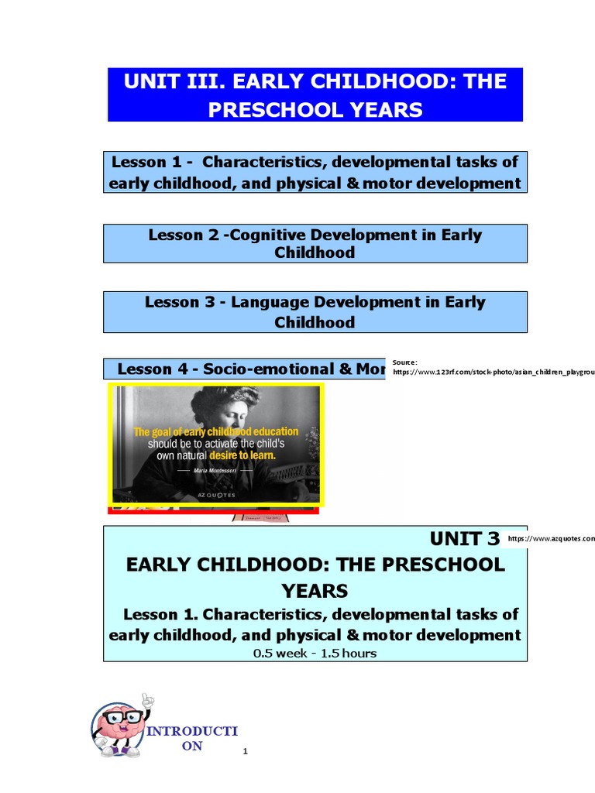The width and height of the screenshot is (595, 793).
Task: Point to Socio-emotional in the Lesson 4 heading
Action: [264, 369]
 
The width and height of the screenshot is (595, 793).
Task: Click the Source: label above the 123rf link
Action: [405, 362]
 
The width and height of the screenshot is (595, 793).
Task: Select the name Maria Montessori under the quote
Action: [215, 470]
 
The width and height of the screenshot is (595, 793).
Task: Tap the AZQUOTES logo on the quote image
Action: [215, 493]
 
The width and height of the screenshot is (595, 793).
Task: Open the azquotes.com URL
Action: [552, 538]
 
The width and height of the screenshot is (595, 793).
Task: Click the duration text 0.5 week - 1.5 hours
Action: [315, 653]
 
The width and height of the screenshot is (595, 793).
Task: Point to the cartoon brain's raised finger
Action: [148, 699]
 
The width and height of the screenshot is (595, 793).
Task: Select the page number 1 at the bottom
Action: [245, 751]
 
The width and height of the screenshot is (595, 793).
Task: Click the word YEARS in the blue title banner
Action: [385, 110]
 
